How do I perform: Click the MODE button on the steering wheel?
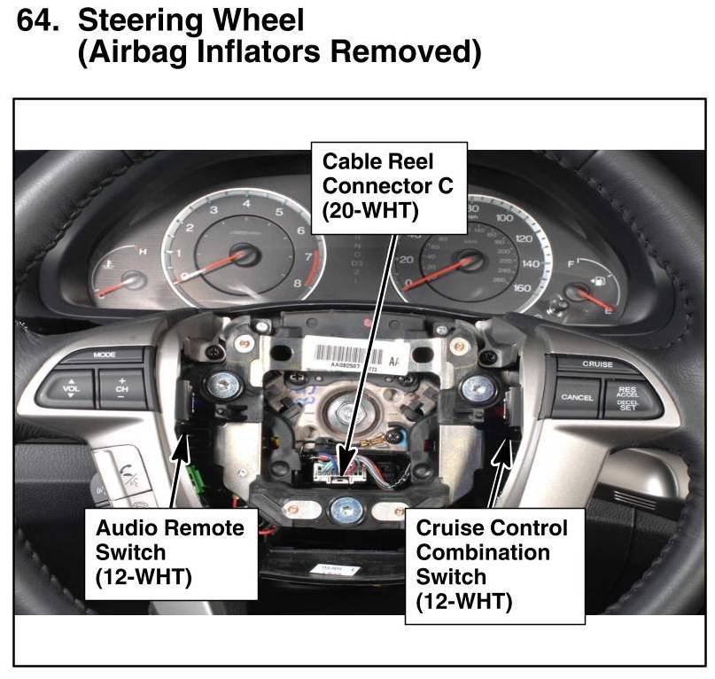pyautogui.click(x=105, y=355)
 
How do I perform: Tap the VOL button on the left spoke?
pyautogui.click(x=70, y=387)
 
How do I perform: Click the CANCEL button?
pyautogui.click(x=577, y=397)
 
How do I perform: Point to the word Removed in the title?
pyautogui.click(x=406, y=51)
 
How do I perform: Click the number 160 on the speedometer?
pyautogui.click(x=522, y=288)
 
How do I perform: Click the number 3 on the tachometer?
pyautogui.click(x=214, y=210)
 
